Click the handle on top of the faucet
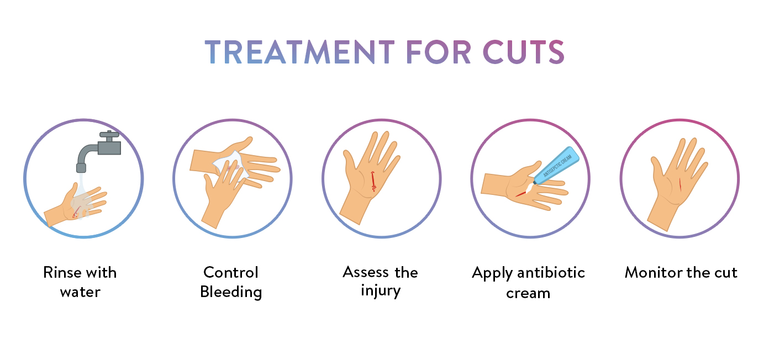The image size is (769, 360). (109, 134)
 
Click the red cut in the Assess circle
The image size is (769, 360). (373, 182)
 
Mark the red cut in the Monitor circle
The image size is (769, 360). (680, 184)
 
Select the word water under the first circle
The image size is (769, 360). (81, 292)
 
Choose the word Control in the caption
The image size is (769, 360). (231, 273)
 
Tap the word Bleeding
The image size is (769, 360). (231, 292)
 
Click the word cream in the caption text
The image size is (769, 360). (528, 293)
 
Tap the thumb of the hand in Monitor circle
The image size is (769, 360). (656, 166)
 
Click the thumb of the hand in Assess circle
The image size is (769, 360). (349, 160)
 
